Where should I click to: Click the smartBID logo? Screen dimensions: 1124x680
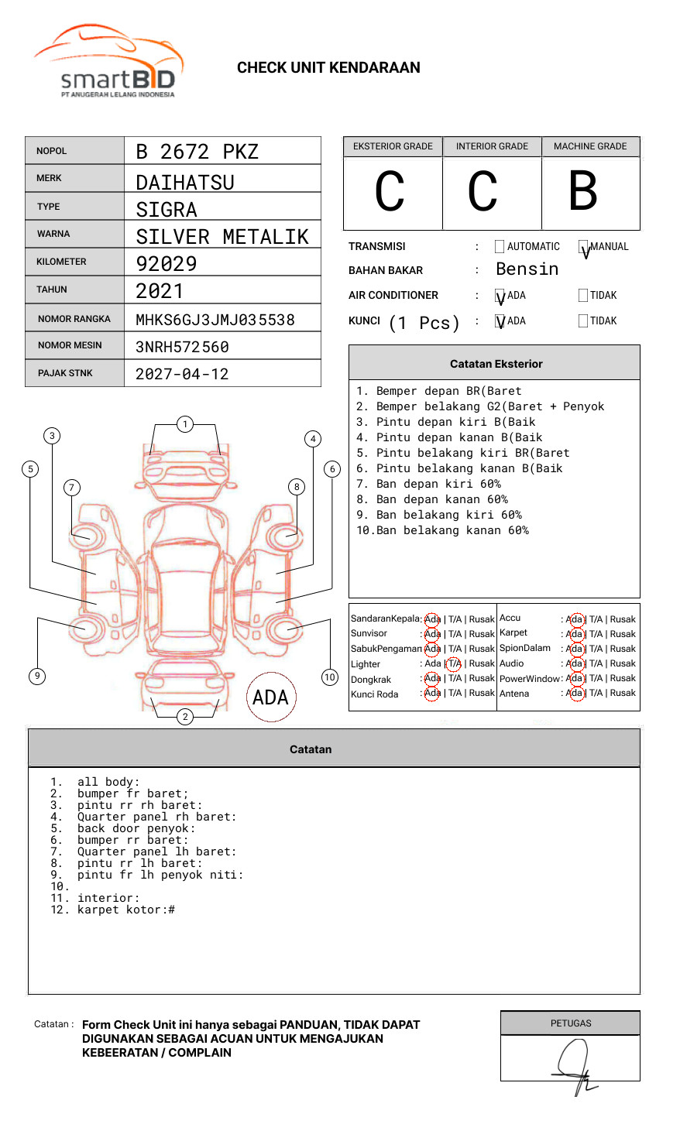pyautogui.click(x=108, y=62)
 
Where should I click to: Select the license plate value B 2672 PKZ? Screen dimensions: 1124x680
pyautogui.click(x=197, y=152)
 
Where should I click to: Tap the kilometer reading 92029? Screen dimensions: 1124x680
pyautogui.click(x=167, y=264)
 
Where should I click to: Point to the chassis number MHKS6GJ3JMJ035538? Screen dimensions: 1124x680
pyautogui.click(x=215, y=320)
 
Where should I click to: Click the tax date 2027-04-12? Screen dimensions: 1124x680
pyautogui.click(x=182, y=374)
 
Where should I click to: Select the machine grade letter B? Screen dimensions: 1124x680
pyautogui.click(x=582, y=191)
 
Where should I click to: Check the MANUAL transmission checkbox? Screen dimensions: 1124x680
pyautogui.click(x=583, y=247)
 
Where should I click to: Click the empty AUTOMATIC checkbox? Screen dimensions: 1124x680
pyautogui.click(x=500, y=247)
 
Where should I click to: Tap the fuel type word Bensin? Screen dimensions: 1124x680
pyautogui.click(x=527, y=269)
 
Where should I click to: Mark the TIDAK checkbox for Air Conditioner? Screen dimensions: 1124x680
pyautogui.click(x=583, y=296)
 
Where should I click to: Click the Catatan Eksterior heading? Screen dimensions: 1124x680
pyautogui.click(x=496, y=364)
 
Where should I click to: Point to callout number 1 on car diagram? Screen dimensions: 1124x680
pyautogui.click(x=184, y=424)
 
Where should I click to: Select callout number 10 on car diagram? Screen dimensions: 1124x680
pyautogui.click(x=330, y=677)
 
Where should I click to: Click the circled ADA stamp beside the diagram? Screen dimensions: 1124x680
pyautogui.click(x=270, y=697)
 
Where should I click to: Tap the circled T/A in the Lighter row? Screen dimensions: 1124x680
pyautogui.click(x=454, y=663)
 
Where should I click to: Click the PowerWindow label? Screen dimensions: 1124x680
pyautogui.click(x=529, y=679)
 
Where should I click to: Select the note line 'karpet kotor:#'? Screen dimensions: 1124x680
pyautogui.click(x=125, y=910)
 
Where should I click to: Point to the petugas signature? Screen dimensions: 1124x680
pyautogui.click(x=573, y=1064)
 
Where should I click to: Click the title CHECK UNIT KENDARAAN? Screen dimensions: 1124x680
pyautogui.click(x=328, y=68)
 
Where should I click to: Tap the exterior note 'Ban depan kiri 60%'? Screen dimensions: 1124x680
pyautogui.click(x=438, y=484)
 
